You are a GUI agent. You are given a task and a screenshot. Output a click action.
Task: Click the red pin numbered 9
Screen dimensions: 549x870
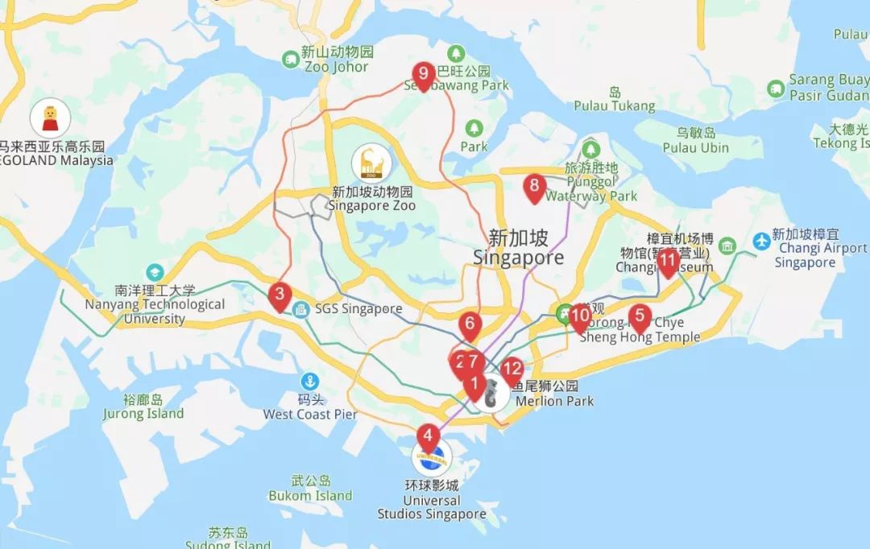[423, 75]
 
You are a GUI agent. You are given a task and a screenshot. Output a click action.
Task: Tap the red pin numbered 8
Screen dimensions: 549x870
[533, 188]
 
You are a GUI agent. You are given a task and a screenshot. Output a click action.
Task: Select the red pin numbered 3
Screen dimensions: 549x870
[279, 295]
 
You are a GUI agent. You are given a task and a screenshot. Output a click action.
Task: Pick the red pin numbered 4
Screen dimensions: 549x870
[428, 436]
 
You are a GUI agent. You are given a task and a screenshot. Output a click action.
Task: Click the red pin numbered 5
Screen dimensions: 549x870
[640, 317]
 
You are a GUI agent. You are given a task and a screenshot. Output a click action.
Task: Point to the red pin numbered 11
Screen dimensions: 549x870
[667, 261]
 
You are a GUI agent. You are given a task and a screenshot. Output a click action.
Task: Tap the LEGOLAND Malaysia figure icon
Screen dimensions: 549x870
[50, 120]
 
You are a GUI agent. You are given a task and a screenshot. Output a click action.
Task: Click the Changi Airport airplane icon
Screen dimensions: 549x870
[761, 241]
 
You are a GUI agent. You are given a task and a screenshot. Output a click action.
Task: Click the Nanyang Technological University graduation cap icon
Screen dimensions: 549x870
[154, 273]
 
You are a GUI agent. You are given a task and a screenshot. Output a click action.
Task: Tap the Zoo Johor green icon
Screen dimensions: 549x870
[290, 59]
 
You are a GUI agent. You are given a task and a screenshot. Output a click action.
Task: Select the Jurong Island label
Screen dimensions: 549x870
[143, 407]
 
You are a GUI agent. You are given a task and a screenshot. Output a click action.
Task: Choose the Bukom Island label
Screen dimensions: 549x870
[310, 489]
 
